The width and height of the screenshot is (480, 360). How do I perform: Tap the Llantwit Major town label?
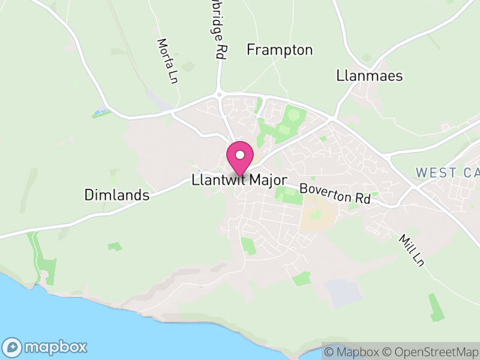tap(240, 180)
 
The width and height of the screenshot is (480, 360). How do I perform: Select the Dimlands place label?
tap(116, 195)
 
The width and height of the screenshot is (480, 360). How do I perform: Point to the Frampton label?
tap(280, 50)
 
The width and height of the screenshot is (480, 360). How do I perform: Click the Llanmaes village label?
tap(369, 76)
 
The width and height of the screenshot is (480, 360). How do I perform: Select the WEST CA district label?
tap(447, 173)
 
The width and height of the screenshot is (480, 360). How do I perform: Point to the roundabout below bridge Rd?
tap(220, 94)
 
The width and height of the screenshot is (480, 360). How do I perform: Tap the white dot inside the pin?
tap(240, 155)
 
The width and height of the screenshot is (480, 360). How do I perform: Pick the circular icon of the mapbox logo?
tap(13, 347)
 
